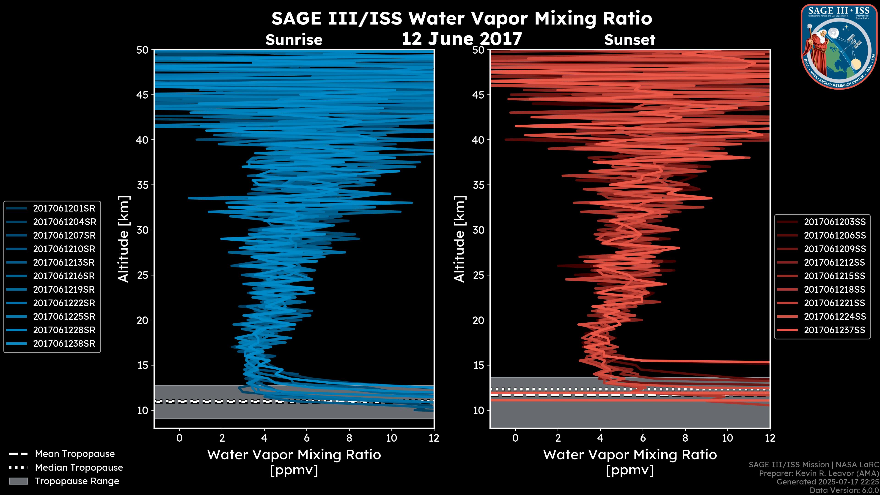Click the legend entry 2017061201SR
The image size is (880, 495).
(64, 208)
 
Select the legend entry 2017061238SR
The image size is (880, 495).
(64, 344)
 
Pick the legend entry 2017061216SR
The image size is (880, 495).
(64, 276)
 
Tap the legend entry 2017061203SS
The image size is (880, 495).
(835, 222)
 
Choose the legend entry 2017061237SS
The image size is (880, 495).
(835, 330)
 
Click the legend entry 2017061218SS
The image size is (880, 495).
(835, 290)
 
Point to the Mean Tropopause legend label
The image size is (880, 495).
(74, 454)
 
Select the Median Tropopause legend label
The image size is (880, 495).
(79, 468)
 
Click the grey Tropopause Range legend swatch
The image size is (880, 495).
(18, 481)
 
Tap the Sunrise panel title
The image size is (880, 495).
(294, 40)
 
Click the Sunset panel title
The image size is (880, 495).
(630, 40)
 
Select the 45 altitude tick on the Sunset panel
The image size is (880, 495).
(479, 95)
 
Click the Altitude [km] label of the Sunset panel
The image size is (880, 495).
(459, 239)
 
